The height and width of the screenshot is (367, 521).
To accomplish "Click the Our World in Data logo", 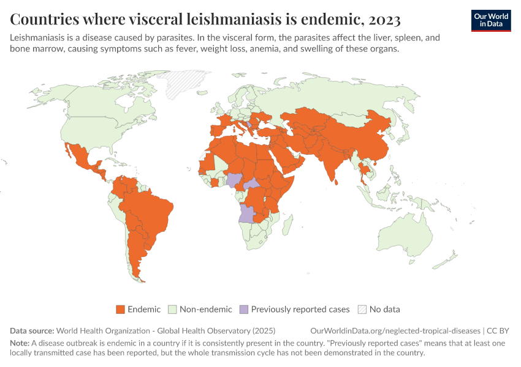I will pos(490,20).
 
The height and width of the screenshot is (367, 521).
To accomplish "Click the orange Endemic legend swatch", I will pos(120,310).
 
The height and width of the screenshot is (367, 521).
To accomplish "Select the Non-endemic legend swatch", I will pos(173,310).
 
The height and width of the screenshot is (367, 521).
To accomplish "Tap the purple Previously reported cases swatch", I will pos(243,310).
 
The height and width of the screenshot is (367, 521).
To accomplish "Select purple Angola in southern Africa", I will pos(246,213).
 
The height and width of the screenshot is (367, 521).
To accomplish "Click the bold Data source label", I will pos(32,330).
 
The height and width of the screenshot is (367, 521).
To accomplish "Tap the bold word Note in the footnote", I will pos(20,343).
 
